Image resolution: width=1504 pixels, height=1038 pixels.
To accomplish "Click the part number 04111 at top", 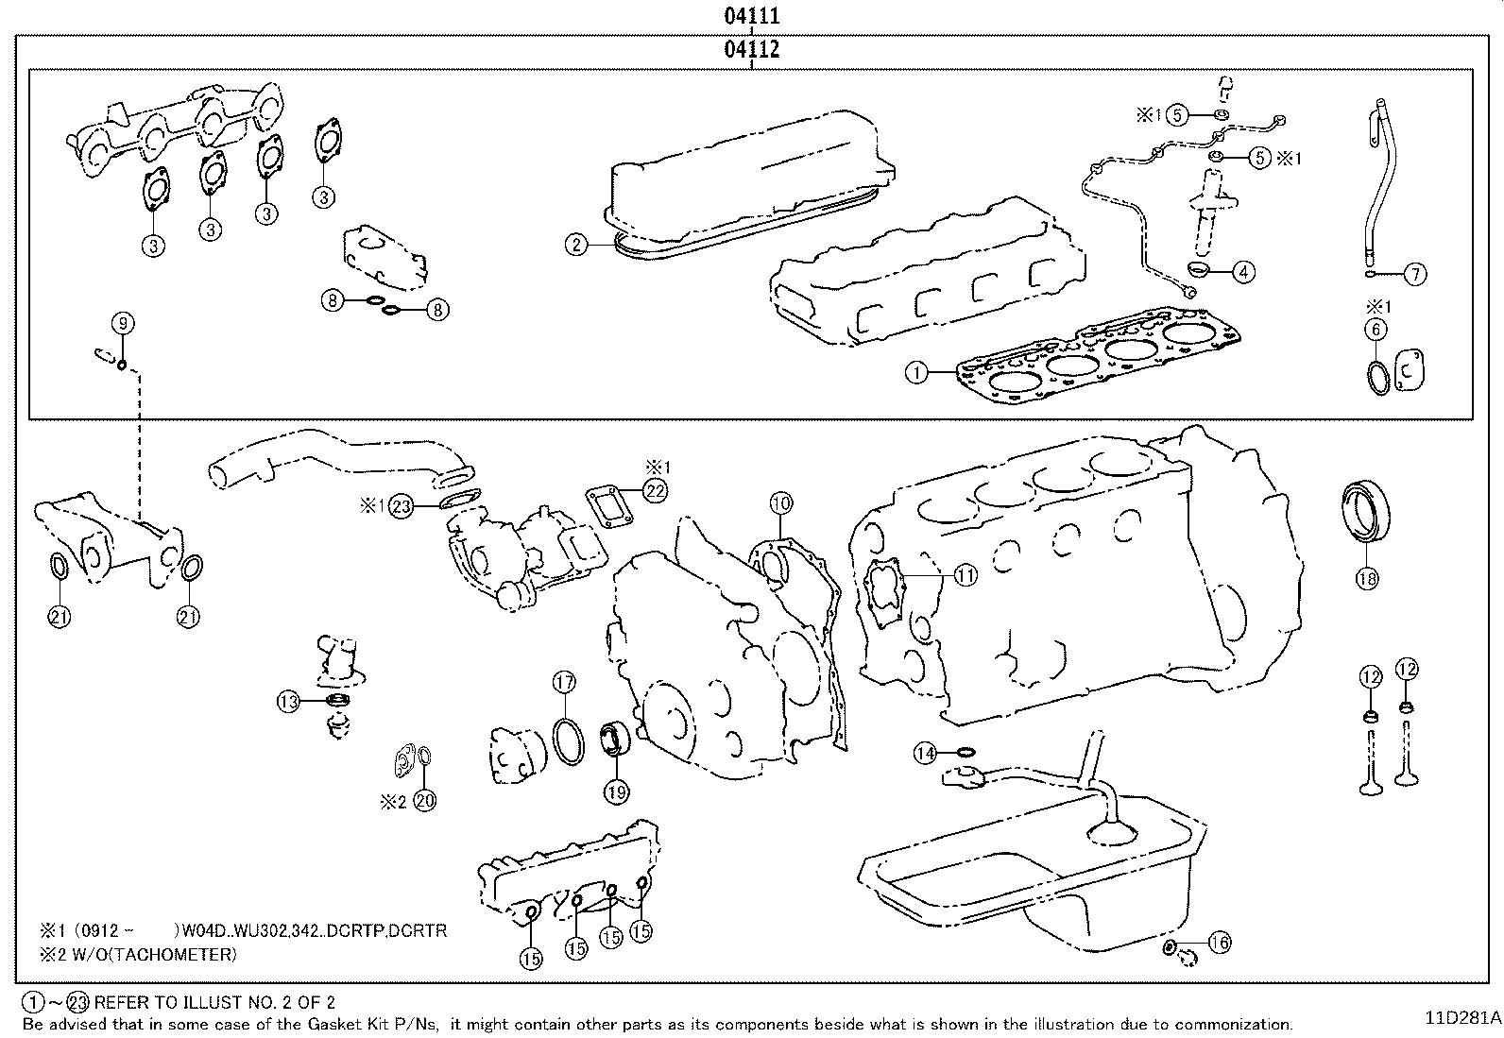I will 752,16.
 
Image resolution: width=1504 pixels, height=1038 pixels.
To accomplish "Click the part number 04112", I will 752,49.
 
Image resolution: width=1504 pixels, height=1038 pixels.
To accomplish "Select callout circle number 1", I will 916,372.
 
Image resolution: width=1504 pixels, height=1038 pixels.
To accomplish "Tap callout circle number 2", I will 577,246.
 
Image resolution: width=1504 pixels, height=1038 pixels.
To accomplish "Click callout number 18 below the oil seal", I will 1367,578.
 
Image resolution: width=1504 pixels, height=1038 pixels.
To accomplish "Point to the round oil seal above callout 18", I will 1367,512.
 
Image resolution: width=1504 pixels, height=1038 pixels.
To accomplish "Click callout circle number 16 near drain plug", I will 1220,943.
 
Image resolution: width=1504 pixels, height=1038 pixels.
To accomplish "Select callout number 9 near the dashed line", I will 124,324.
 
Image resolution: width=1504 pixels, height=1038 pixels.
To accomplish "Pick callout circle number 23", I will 402,507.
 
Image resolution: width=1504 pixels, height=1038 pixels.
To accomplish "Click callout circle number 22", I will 656,489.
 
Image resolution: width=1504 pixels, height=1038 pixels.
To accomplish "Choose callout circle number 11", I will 966,574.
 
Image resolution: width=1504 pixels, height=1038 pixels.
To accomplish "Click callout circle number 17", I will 564,682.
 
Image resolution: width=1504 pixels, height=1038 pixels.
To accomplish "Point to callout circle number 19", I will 616,792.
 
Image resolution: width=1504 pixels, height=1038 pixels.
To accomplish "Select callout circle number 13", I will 288,701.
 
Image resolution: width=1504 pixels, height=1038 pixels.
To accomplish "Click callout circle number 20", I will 425,800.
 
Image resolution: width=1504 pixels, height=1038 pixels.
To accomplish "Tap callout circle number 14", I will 925,753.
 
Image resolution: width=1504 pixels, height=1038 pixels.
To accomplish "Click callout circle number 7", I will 1414,275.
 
